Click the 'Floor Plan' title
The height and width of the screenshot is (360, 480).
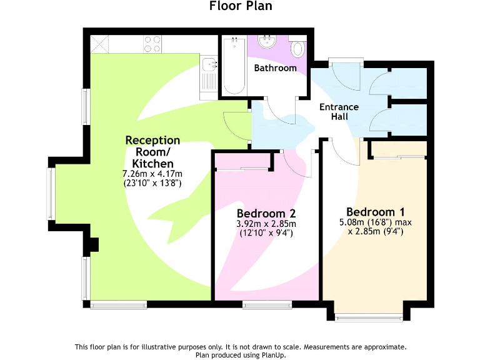click(x=241, y=6)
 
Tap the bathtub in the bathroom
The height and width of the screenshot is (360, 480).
click(x=234, y=66)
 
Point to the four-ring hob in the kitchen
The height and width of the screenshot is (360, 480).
click(x=152, y=44)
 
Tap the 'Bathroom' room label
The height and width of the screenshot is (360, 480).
click(x=275, y=67)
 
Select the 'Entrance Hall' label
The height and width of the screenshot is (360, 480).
click(x=339, y=111)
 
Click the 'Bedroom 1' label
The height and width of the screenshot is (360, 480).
click(x=371, y=211)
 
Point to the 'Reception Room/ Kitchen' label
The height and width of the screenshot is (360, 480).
click(x=152, y=152)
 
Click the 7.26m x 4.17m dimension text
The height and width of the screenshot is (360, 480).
click(x=152, y=174)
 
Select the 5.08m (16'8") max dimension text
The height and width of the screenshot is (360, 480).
click(x=375, y=222)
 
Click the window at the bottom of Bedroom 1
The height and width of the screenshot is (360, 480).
click(x=368, y=317)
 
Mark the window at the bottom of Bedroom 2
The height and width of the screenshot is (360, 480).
click(x=267, y=305)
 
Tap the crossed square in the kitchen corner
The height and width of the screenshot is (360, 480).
click(x=100, y=44)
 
